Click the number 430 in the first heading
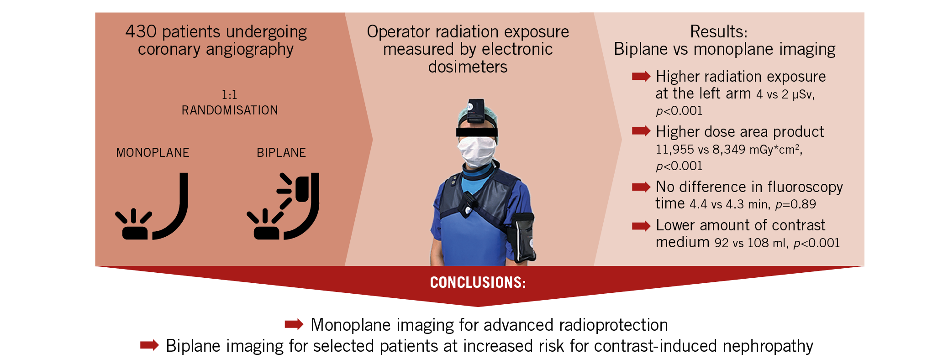pyautogui.click(x=141, y=31)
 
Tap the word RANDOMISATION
pyautogui.click(x=230, y=110)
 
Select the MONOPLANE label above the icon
pyautogui.click(x=153, y=152)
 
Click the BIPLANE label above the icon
pyautogui.click(x=281, y=152)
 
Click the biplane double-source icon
pyautogui.click(x=283, y=206)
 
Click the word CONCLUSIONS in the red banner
pyautogui.click(x=478, y=282)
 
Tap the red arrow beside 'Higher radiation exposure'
pyautogui.click(x=641, y=76)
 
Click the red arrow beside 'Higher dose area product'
pyautogui.click(x=641, y=131)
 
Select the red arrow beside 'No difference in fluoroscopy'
pyautogui.click(x=641, y=187)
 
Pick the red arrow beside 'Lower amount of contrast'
pyautogui.click(x=641, y=226)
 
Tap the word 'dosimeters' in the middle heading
pyautogui.click(x=468, y=67)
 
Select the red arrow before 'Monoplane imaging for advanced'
pyautogui.click(x=294, y=324)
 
